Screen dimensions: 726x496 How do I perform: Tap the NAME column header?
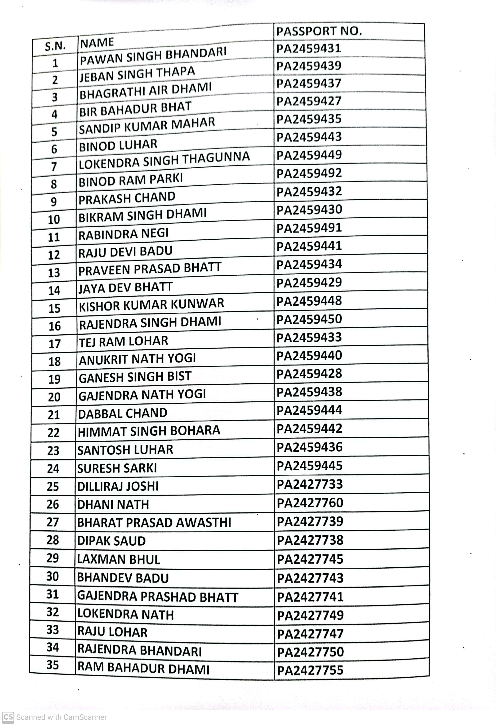pyautogui.click(x=97, y=42)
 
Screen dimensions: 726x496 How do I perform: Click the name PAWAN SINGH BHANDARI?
pyautogui.click(x=153, y=56)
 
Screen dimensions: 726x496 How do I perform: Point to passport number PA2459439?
pyautogui.click(x=309, y=66)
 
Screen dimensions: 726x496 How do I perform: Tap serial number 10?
pyautogui.click(x=54, y=220)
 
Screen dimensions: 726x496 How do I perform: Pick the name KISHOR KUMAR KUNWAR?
pyautogui.click(x=151, y=304)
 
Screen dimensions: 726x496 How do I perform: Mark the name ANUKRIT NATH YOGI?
pyautogui.click(x=137, y=359)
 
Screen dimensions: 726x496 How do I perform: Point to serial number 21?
pyautogui.click(x=54, y=415)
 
